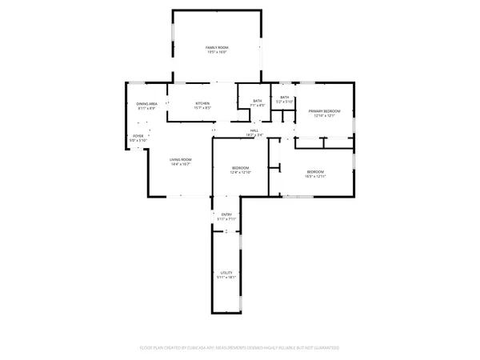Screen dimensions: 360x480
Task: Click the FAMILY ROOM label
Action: coord(218,48)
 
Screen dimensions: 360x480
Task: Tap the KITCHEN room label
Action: coord(202,104)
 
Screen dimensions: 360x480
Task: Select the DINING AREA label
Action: coord(146,104)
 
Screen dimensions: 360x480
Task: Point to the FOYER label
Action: coord(138,137)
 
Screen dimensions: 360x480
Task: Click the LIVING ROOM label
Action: coord(180,160)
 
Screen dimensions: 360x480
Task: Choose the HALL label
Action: coord(254,130)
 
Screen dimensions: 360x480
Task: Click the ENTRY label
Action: coord(226,214)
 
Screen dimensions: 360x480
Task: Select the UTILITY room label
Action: coord(226,273)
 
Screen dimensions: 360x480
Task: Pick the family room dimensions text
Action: coord(218,53)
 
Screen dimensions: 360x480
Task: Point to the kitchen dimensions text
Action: coord(202,108)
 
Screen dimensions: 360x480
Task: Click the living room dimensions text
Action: coord(180,164)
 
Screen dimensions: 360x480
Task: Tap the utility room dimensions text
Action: coord(226,278)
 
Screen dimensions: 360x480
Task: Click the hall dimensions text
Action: coord(254,135)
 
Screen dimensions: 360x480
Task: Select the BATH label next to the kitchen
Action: coord(258,100)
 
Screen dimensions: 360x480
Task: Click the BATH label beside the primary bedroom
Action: coord(285,98)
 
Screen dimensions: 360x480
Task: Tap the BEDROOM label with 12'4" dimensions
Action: coord(241,168)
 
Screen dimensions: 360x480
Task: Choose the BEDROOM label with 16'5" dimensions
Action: coord(316,171)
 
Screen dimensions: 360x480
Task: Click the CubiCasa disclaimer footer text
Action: coord(240,347)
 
